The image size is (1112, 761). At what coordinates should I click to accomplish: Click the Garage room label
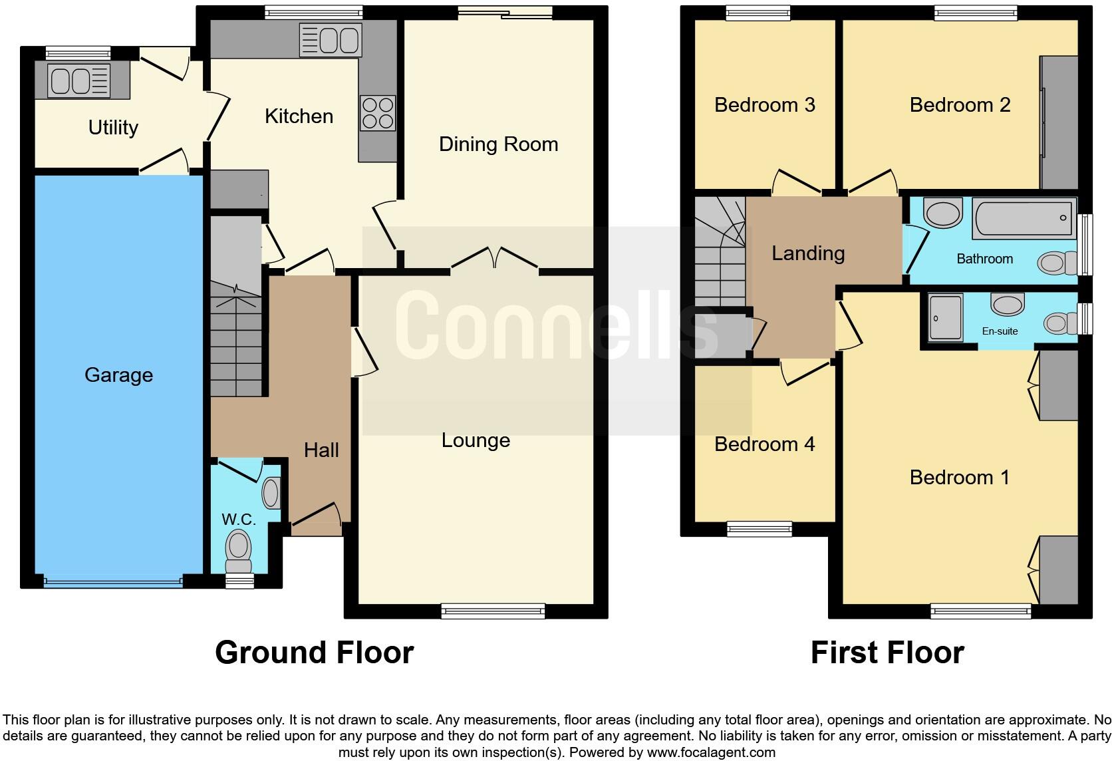point(118,375)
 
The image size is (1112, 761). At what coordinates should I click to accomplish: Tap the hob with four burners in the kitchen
point(378,113)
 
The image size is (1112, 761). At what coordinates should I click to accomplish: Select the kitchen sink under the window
point(331,40)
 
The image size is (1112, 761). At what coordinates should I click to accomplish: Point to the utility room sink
point(79,80)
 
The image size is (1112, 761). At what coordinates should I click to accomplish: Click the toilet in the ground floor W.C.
point(239,551)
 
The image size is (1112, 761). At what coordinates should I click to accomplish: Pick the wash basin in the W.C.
point(272,493)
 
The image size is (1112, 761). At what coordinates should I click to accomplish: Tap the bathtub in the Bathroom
point(1024,218)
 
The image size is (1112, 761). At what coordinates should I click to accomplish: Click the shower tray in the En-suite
point(946,318)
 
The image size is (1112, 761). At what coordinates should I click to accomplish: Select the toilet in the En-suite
point(1060,324)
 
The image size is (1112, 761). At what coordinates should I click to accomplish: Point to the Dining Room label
point(498,144)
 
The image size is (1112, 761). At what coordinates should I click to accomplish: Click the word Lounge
point(476,440)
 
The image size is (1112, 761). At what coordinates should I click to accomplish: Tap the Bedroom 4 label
point(765,444)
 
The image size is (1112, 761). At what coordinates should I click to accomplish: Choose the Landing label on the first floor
point(808,253)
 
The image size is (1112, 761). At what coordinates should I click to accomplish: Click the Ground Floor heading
point(314,653)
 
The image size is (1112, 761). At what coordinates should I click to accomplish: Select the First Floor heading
point(887,653)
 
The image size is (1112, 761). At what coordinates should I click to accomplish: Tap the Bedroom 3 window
point(758,13)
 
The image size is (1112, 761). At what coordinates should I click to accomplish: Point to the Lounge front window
point(493,611)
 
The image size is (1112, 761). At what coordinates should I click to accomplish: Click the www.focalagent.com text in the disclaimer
point(711,752)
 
